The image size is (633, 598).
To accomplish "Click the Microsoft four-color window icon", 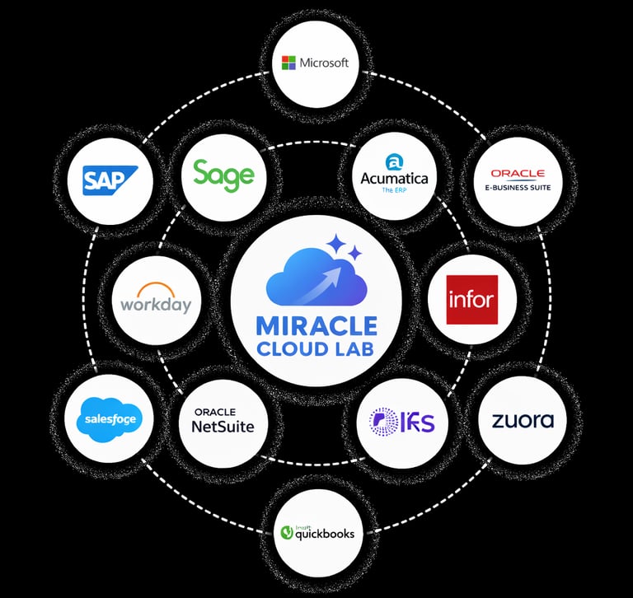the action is [288, 63].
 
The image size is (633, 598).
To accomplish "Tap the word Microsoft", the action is [324, 63].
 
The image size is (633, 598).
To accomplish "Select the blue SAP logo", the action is [110, 179].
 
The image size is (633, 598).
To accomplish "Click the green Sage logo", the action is [223, 175].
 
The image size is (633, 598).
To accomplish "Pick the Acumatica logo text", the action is [394, 177].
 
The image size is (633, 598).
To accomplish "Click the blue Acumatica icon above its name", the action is [394, 160].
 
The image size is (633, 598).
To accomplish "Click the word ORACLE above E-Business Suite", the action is [518, 173].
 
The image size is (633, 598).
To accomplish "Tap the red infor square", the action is [471, 299].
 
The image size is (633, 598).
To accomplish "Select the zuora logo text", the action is [523, 421].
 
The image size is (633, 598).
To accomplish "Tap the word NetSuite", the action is [223, 427].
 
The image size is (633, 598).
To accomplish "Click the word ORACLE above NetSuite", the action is [215, 412].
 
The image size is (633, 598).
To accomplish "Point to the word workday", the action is [156, 305].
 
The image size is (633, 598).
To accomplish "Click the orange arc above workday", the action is [156, 289].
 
